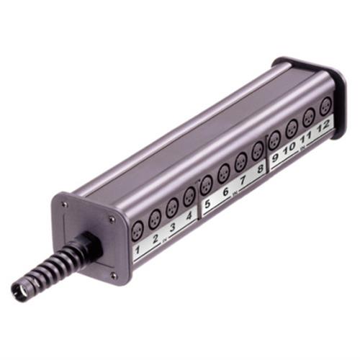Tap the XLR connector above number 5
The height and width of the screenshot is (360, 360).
click(x=207, y=184)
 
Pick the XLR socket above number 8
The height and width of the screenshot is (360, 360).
click(x=258, y=150)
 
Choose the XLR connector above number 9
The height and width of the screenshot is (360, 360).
click(x=274, y=140)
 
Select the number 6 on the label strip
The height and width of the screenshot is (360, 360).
click(x=225, y=193)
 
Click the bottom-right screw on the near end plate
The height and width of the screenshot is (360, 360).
click(x=113, y=273)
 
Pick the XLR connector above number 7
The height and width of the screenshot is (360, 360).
click(x=241, y=161)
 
